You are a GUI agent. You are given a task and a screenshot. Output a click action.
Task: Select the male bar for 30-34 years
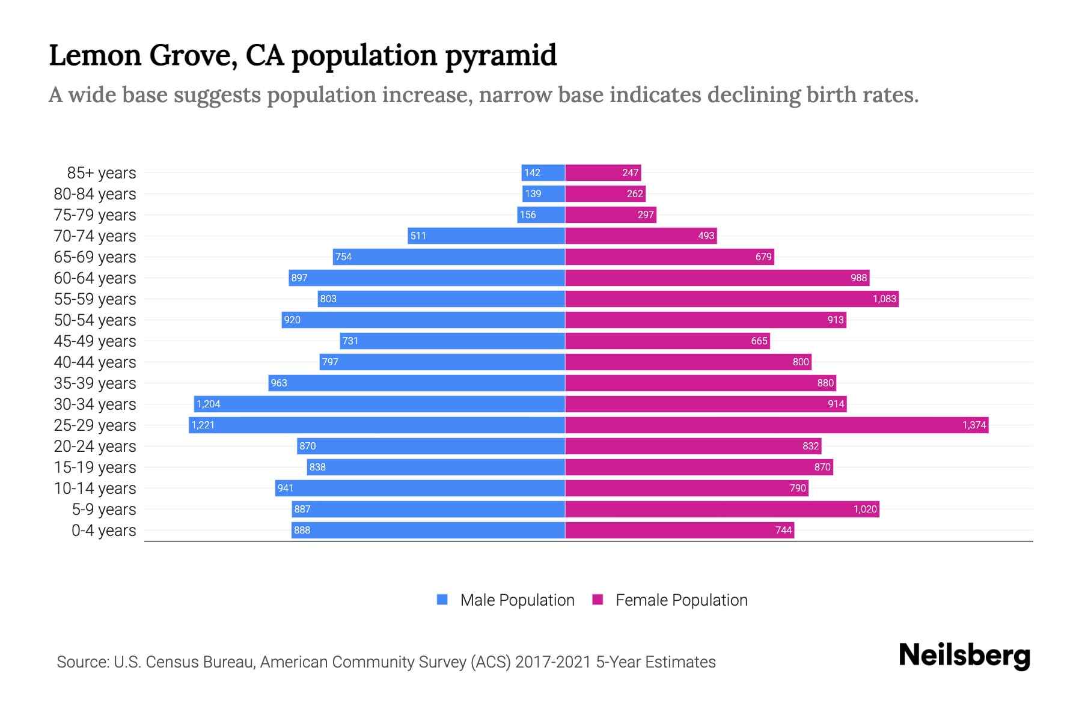[379, 404]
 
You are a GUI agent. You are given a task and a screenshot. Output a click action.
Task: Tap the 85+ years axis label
[102, 173]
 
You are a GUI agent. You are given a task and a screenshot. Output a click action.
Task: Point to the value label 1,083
[884, 299]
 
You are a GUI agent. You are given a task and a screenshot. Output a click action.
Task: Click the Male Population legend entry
[505, 600]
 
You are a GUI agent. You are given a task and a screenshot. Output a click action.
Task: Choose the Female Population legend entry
[670, 600]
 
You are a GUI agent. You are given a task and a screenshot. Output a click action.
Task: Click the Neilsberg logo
[964, 656]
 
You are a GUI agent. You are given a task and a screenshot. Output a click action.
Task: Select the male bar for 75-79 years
[541, 215]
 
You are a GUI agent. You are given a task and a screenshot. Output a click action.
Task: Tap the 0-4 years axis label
[103, 531]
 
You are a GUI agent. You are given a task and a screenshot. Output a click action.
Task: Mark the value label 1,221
[203, 425]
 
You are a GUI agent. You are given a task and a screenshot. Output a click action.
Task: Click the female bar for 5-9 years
[721, 510]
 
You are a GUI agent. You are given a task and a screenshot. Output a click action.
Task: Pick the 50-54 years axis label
[95, 320]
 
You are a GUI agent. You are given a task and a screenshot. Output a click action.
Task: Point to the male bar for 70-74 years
[486, 236]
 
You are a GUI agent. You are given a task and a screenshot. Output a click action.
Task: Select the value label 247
[630, 173]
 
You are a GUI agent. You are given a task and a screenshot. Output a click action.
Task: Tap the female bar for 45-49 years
[667, 341]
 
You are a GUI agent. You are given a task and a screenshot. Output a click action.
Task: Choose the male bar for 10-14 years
[420, 488]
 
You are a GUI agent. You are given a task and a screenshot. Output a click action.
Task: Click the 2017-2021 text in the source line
[552, 662]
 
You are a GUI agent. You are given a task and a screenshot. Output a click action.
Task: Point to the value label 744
[783, 531]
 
